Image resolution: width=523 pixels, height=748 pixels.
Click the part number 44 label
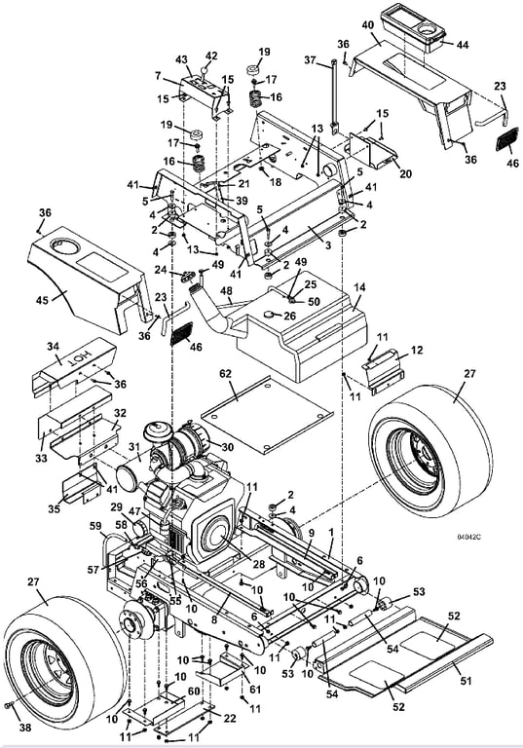click(x=462, y=45)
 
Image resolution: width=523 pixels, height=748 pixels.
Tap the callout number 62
click(x=225, y=374)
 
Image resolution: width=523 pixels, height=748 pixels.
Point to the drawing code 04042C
click(x=468, y=538)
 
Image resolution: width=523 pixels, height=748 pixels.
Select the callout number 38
click(x=24, y=727)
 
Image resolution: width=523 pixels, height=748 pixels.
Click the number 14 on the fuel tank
click(x=359, y=287)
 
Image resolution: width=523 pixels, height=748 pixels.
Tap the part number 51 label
click(x=466, y=681)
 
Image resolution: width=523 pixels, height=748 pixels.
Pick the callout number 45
click(x=43, y=301)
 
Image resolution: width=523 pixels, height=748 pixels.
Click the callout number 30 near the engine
click(x=228, y=446)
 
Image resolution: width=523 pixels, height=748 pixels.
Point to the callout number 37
click(x=311, y=60)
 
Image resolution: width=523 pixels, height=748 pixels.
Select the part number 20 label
click(x=405, y=174)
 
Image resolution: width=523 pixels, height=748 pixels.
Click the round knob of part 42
click(x=205, y=70)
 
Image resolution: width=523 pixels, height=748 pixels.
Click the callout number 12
click(x=417, y=350)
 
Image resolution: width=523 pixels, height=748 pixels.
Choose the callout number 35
click(x=55, y=509)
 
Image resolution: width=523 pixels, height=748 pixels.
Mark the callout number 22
click(x=230, y=719)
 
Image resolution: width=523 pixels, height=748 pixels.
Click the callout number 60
click(x=193, y=692)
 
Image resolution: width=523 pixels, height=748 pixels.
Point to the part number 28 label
click(x=258, y=564)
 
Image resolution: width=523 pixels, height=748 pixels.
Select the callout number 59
click(x=95, y=526)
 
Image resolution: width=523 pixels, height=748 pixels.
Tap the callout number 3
click(x=327, y=245)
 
